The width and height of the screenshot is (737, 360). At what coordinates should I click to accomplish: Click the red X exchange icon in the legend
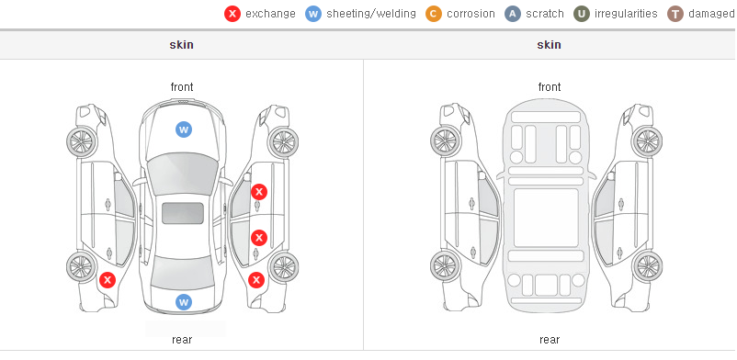pos(232,14)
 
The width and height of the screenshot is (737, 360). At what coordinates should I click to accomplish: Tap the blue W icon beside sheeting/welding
pos(313,14)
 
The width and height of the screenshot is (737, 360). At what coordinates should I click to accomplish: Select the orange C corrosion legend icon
pos(434,14)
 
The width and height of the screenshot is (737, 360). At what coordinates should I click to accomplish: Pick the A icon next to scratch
pos(513,14)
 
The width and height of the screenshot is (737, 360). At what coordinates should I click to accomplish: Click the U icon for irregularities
pos(582,14)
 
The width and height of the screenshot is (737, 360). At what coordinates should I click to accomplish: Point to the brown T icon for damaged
pos(675,14)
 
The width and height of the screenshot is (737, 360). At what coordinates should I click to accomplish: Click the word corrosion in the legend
pos(471,14)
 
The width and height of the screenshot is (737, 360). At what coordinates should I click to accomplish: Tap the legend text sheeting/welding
pos(371,14)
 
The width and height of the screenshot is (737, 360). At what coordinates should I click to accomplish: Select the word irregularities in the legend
pos(626,14)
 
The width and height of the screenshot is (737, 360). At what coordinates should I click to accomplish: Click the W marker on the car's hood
pos(184,129)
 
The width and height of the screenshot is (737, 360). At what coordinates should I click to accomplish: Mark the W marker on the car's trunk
pos(184,302)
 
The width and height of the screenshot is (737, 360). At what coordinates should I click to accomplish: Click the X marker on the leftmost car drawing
pos(108,280)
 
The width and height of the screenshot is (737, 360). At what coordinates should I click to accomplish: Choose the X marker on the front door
pos(259,192)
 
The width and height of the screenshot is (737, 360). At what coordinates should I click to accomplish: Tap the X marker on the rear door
pos(259,238)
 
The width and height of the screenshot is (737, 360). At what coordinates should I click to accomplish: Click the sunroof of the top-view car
pos(183,213)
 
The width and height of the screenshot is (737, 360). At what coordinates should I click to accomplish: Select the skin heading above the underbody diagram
pos(549,45)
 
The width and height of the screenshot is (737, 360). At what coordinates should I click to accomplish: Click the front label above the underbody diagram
pos(550,87)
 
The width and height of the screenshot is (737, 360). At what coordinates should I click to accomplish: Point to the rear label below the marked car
pos(182,340)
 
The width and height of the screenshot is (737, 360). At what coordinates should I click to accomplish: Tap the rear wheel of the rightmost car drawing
pos(647,266)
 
